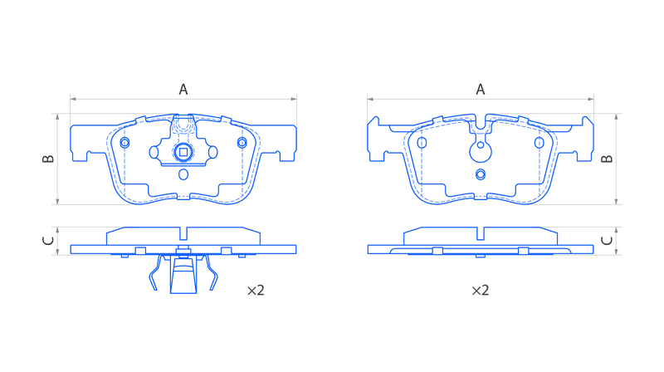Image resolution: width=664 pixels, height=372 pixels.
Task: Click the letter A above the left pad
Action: click(x=183, y=90)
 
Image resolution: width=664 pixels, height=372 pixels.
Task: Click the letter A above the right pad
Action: click(x=481, y=90)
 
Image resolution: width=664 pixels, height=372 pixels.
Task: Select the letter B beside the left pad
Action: click(x=48, y=159)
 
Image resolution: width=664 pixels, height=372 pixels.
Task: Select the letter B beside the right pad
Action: click(x=607, y=159)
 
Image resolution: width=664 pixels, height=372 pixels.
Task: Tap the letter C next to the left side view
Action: click(x=48, y=241)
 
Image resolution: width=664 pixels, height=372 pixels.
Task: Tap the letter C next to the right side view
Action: click(x=607, y=241)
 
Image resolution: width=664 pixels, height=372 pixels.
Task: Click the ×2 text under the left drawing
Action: click(x=256, y=291)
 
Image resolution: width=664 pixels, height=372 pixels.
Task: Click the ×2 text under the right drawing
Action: click(x=481, y=291)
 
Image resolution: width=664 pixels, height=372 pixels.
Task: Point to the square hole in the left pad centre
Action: click(x=183, y=152)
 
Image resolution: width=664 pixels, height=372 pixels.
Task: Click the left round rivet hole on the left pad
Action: click(x=124, y=142)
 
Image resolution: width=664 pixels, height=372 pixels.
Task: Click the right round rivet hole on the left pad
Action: click(x=242, y=142)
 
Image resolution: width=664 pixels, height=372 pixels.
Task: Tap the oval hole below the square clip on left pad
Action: click(x=183, y=174)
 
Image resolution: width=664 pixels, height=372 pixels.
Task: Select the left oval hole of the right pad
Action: click(x=422, y=142)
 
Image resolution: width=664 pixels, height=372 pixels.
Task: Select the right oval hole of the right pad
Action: click(x=539, y=142)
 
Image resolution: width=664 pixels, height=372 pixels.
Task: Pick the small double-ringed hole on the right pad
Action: click(x=481, y=174)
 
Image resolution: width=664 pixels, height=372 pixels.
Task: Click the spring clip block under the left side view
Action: click(x=183, y=275)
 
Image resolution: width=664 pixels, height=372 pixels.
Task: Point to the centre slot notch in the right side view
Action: click(x=481, y=233)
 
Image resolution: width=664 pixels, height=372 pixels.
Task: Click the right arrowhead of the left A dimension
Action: click(x=294, y=99)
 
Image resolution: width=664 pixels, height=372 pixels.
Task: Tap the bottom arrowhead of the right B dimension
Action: click(x=616, y=201)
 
